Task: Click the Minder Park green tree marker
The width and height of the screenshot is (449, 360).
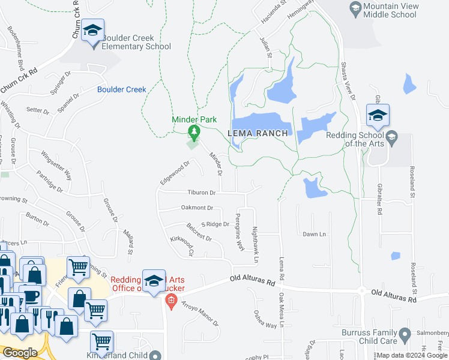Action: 194,131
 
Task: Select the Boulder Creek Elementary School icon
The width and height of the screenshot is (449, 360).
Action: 93,31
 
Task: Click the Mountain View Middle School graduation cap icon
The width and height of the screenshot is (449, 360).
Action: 355,9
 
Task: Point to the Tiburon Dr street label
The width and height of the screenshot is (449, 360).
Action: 201,193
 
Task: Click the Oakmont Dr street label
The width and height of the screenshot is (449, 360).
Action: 197,208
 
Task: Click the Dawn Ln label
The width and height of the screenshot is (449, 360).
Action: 314,234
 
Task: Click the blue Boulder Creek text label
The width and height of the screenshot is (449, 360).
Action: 122,89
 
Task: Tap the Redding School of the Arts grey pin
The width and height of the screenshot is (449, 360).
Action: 391,137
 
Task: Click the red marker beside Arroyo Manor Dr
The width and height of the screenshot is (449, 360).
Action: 171,301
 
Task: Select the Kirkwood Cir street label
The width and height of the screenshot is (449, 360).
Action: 181,245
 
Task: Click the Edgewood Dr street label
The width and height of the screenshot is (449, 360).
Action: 175,172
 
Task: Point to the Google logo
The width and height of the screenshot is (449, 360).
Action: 20,353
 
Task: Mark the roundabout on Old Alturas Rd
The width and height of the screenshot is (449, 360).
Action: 362,290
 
